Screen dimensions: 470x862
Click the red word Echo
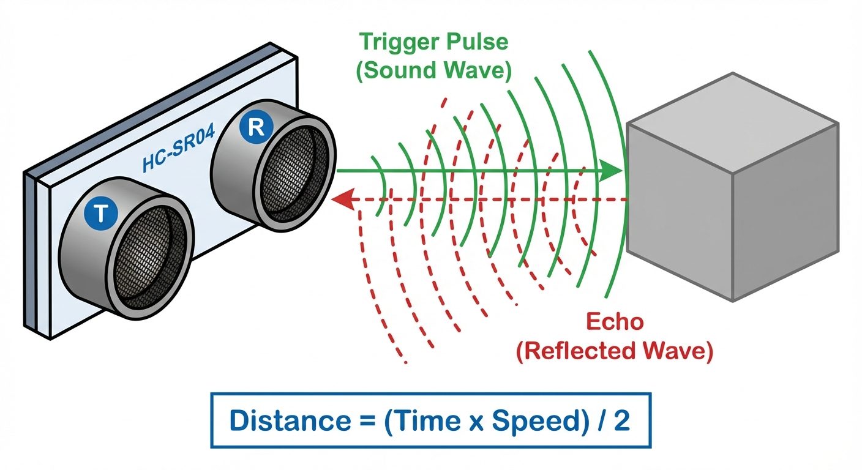click(x=614, y=323)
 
